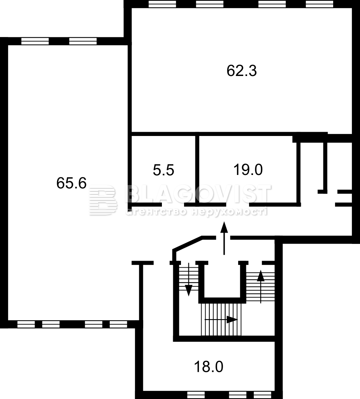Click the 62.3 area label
point(242,71)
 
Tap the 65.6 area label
point(72,183)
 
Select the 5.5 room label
point(163,170)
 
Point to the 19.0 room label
point(248,170)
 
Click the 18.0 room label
point(209,367)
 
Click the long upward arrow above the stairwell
point(224,238)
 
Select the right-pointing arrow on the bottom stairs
point(221,320)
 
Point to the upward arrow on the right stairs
point(261,286)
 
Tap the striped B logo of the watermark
point(103,200)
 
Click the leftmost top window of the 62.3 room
point(162,4)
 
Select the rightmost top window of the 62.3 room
point(319,4)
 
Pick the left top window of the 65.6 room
point(35,41)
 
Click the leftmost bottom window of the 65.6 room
point(26,324)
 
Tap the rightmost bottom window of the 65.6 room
point(118,324)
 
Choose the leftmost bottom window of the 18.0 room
point(196,395)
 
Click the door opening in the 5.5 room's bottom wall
point(173,205)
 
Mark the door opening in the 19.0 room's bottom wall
point(237,205)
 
